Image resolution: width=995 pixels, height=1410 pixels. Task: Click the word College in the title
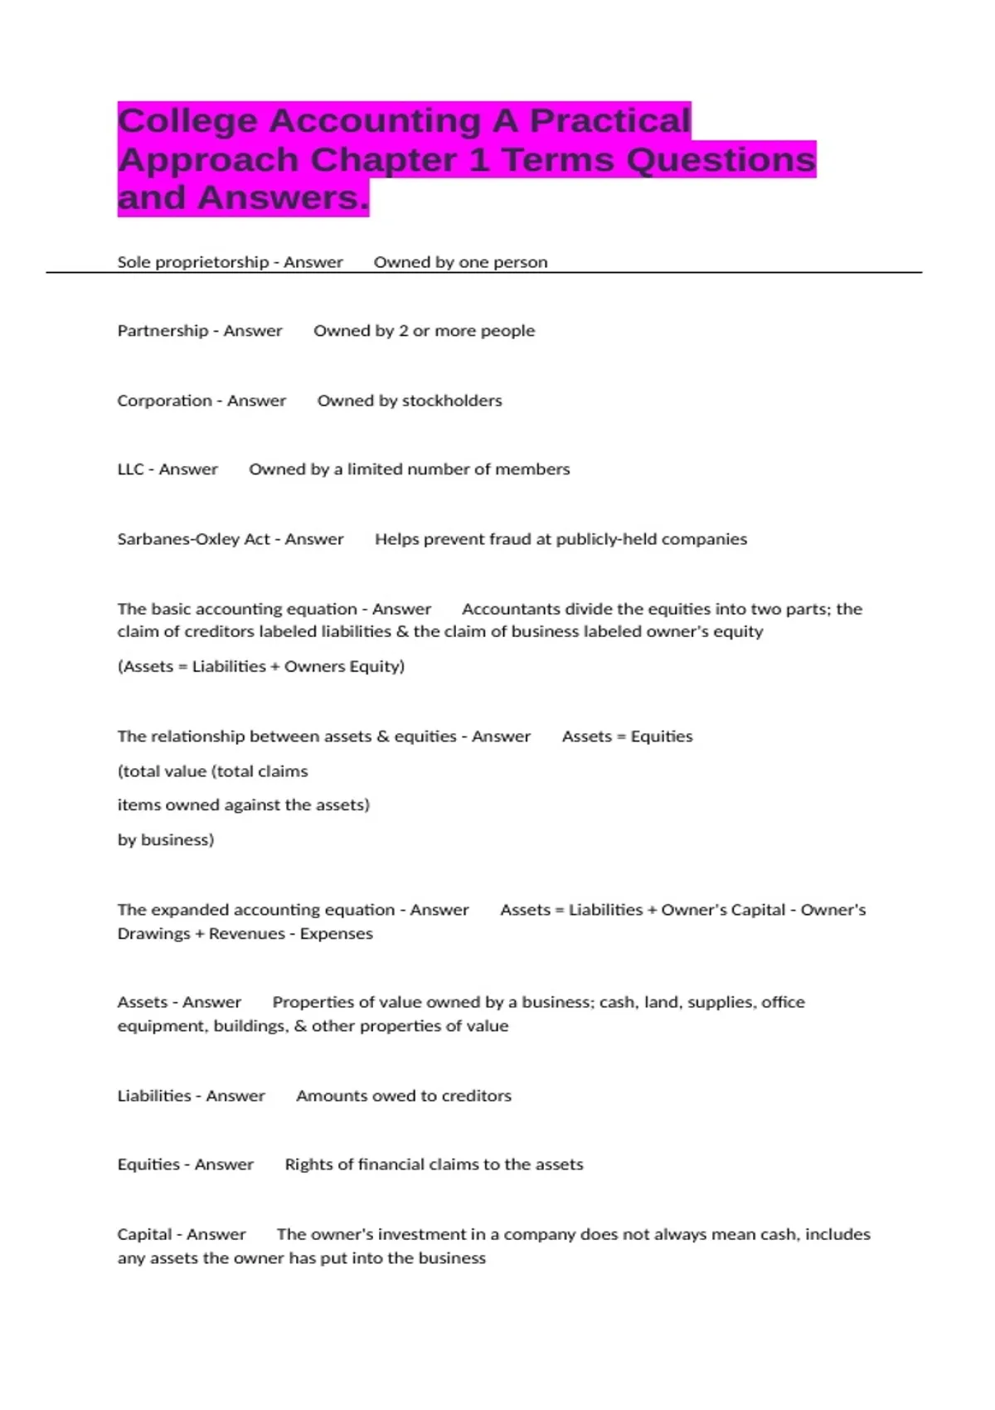tap(188, 121)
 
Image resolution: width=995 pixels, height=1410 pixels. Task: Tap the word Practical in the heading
tap(609, 121)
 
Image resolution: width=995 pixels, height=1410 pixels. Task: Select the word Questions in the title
tap(721, 159)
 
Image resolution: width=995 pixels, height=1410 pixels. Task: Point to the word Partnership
tap(163, 331)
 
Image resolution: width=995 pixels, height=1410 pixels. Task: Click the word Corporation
tap(164, 401)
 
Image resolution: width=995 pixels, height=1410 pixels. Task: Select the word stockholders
tap(451, 401)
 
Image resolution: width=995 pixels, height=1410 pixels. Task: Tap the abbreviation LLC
tap(130, 469)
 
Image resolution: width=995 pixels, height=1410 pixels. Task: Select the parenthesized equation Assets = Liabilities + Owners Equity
tap(261, 666)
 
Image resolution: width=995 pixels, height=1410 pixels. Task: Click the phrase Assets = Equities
tap(627, 737)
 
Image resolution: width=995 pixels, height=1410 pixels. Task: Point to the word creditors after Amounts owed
tap(476, 1096)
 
